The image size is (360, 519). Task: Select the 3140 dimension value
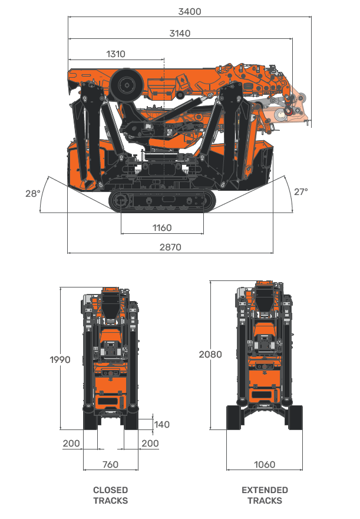tap(180, 34)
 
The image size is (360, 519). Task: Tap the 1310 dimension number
tap(115, 54)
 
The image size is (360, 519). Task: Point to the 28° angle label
tap(33, 193)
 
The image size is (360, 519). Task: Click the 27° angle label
tap(300, 191)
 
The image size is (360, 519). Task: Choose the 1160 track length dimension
tap(161, 227)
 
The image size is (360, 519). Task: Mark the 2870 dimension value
tap(170, 247)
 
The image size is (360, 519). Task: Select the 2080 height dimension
tap(210, 355)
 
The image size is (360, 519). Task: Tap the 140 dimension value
tap(161, 424)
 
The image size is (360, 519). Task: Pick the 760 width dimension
tap(110, 464)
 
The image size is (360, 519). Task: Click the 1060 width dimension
tap(265, 464)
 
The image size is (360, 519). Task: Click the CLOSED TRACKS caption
tap(110, 495)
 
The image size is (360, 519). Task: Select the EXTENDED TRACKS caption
tap(265, 495)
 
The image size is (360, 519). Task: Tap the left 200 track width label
tap(71, 443)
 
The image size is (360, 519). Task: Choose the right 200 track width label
tap(150, 443)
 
